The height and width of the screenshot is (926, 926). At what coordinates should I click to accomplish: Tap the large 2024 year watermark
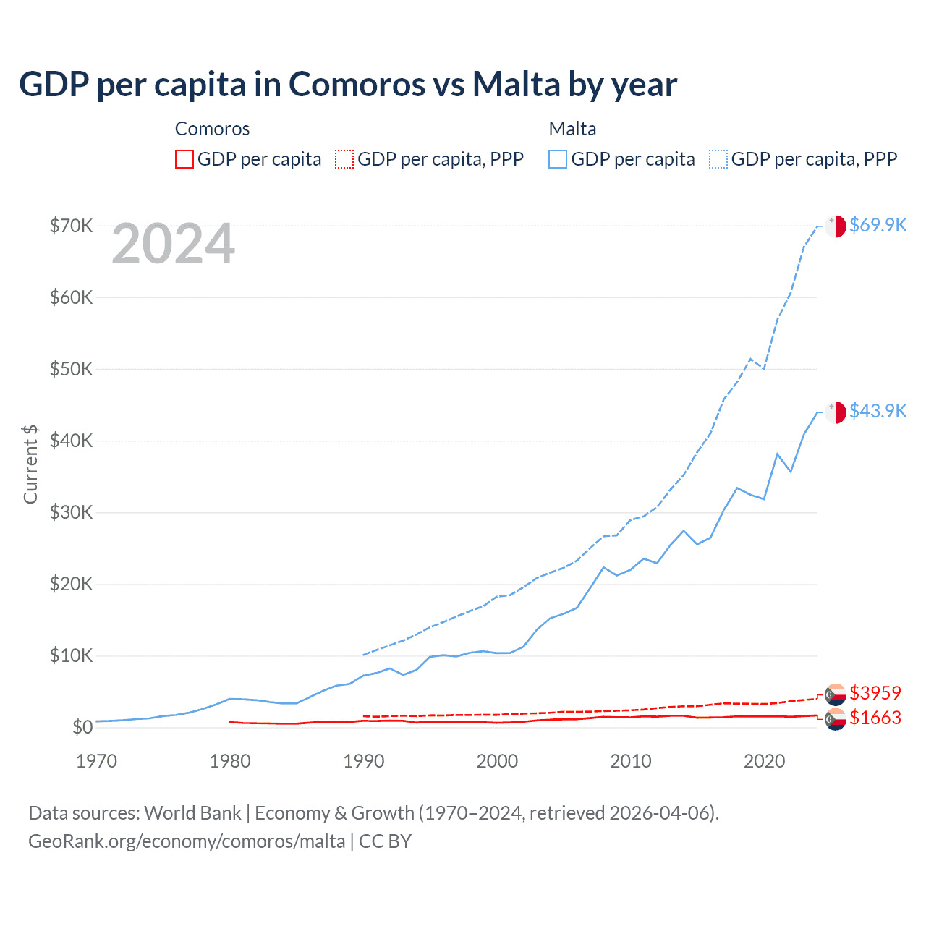[173, 245]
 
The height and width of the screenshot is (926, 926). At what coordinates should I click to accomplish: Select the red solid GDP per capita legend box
[184, 159]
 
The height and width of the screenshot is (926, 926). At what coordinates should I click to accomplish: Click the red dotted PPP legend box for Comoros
[344, 159]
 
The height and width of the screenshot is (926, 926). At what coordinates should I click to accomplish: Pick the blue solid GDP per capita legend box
[558, 159]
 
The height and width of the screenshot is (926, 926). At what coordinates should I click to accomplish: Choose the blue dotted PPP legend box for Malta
[718, 159]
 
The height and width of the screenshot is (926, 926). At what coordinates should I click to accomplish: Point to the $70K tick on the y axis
[71, 226]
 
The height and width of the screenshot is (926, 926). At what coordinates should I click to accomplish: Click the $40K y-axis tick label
[71, 441]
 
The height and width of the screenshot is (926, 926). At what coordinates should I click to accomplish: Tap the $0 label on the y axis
[82, 727]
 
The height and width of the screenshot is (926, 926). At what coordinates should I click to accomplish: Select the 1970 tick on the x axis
[96, 761]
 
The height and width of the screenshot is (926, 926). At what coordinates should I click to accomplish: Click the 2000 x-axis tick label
[497, 761]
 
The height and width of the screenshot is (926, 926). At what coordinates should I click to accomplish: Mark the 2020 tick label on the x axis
[764, 761]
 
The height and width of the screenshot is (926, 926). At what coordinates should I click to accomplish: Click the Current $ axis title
[30, 464]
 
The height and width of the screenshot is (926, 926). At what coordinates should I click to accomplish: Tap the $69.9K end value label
[878, 225]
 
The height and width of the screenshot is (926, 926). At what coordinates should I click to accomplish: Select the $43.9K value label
[878, 411]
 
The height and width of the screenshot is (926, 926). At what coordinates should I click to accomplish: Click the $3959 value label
[875, 693]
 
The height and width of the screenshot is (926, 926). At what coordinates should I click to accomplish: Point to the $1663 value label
[875, 718]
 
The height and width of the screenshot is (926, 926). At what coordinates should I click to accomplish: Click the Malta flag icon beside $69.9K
[836, 226]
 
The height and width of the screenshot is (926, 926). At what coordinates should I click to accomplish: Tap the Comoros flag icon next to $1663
[836, 719]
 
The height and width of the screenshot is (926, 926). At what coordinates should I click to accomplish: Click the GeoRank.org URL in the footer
[187, 841]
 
